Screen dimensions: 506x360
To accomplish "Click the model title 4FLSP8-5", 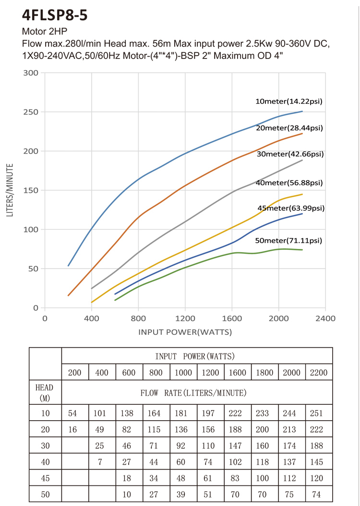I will tap(55, 15).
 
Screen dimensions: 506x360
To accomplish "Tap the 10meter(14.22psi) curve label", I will tap(288, 101).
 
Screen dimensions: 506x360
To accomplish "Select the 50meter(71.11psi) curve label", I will tap(288, 240).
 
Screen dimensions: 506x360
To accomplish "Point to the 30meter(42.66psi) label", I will tap(289, 154).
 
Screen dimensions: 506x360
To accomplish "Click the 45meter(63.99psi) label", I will tap(291, 208).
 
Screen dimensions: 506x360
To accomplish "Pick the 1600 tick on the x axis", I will tap(232, 318).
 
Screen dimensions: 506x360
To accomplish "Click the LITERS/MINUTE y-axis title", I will tap(10, 190).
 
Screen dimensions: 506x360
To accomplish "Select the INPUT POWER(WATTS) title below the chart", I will tap(185, 332).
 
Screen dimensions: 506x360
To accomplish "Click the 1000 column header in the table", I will tap(183, 373).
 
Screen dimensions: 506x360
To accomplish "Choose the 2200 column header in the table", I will tap(319, 373).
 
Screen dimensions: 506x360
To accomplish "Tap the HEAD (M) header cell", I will tap(45, 392).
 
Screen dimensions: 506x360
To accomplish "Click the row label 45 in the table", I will tap(45, 478).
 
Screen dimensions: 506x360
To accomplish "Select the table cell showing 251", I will tap(319, 412).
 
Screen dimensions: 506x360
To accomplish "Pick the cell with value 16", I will tap(72, 429).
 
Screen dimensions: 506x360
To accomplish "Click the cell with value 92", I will tap(183, 446).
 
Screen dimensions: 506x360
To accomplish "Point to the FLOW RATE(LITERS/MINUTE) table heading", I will tap(193, 393).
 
